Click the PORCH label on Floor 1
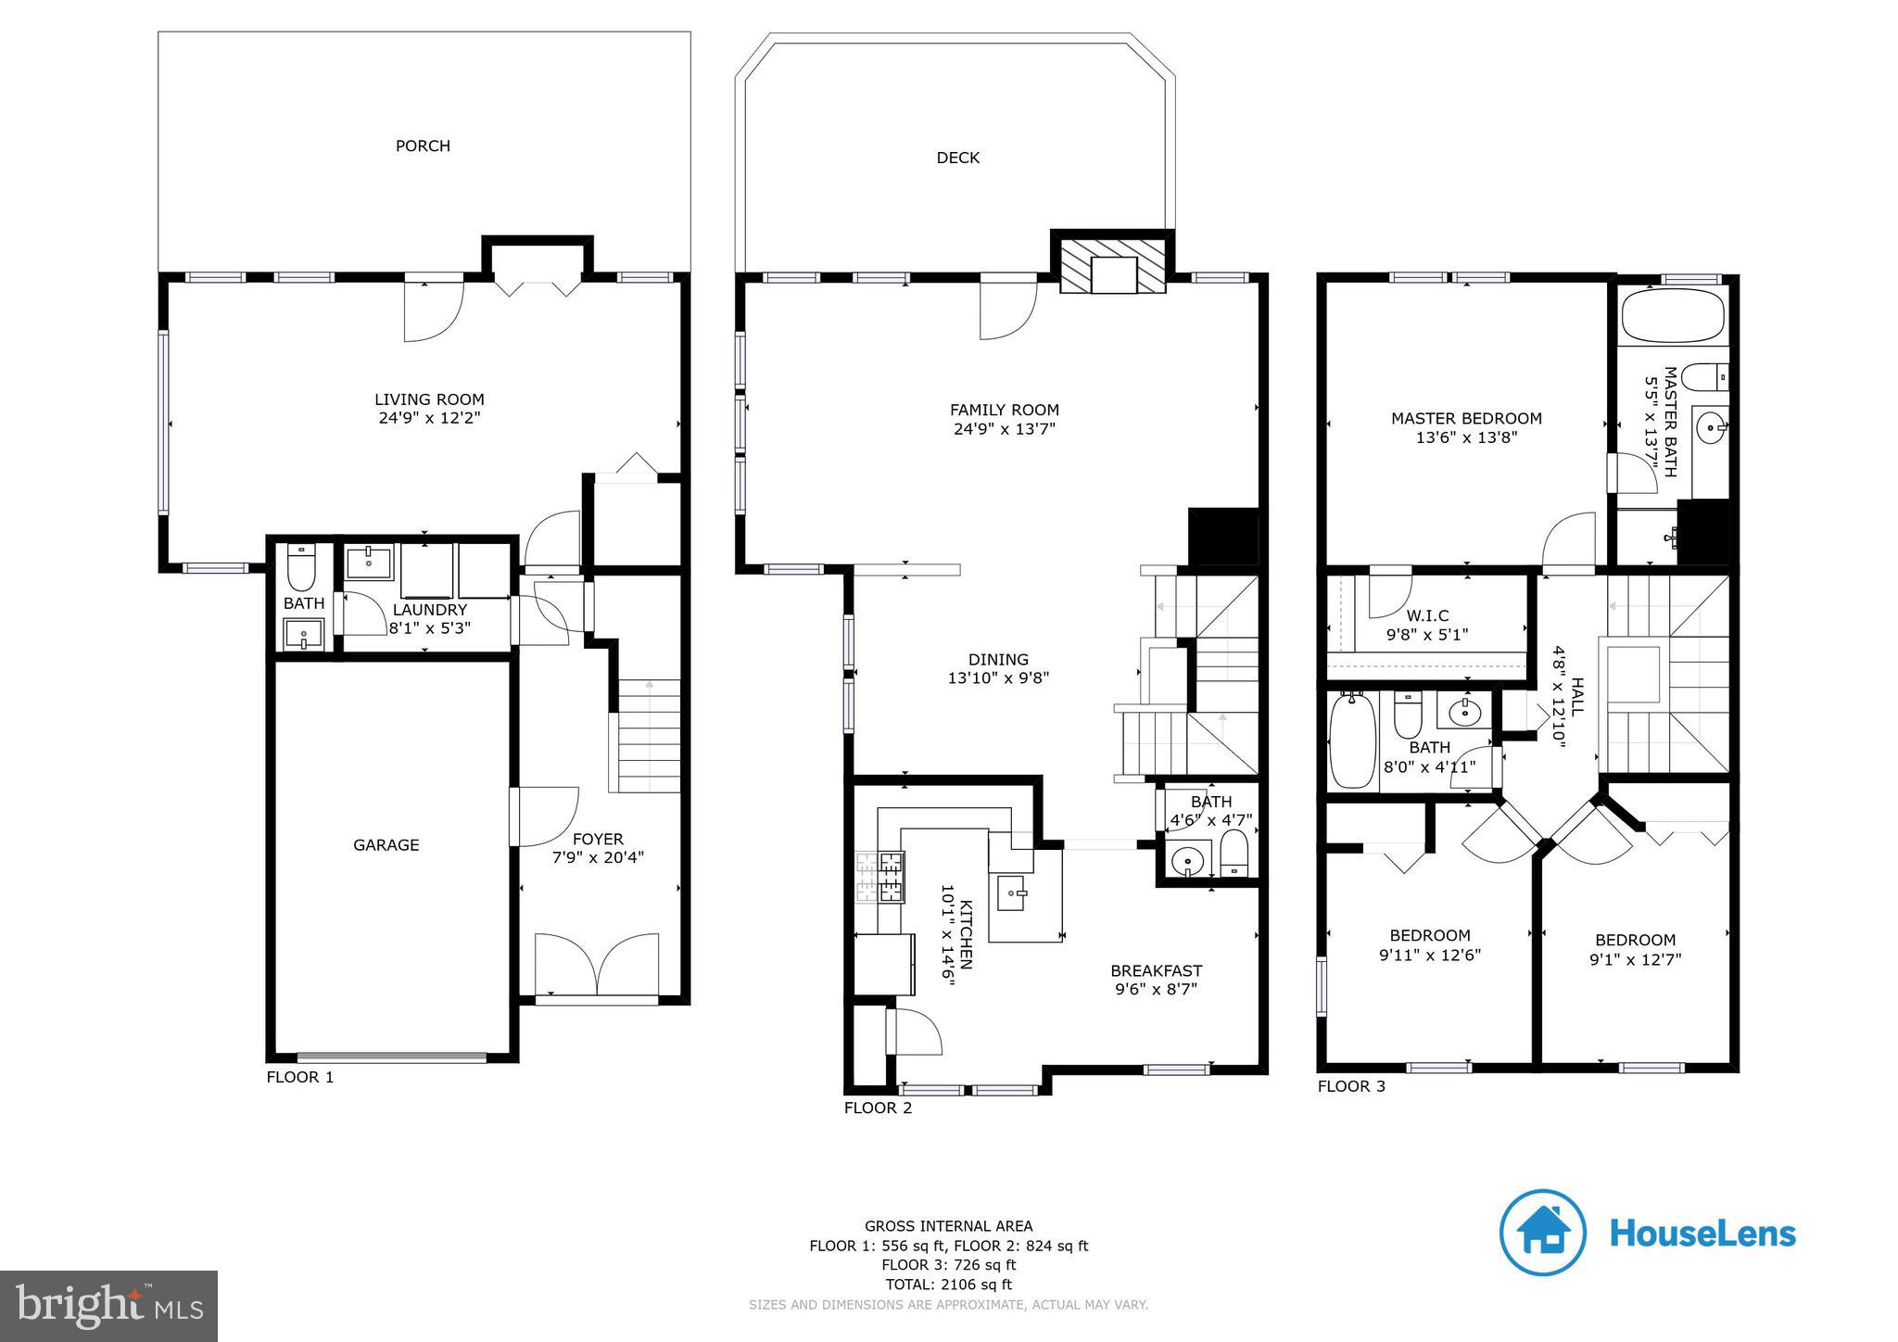point(423,146)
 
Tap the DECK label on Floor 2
point(957,158)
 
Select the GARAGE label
point(386,844)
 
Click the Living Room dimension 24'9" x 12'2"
point(429,418)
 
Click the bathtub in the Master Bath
point(1672,315)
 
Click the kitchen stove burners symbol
point(879,877)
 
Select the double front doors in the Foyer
point(597,965)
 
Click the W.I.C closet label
point(1427,615)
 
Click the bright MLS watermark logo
point(109,1306)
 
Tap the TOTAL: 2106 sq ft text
point(948,1284)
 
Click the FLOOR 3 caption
point(1351,1085)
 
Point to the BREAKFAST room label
point(1156,970)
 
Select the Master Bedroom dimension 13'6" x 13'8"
point(1466,437)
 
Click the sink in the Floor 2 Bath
point(1187,862)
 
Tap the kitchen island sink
point(1011,893)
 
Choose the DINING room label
point(998,659)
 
